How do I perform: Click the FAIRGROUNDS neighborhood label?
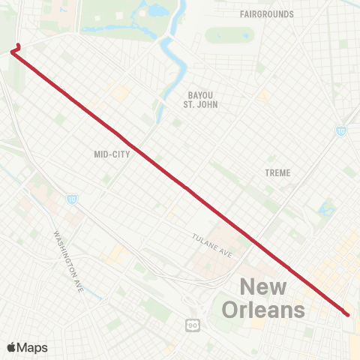[266, 14]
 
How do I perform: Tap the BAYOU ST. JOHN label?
[200, 100]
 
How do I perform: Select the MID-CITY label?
[112, 154]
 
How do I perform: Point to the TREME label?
[277, 172]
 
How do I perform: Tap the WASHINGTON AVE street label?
[67, 260]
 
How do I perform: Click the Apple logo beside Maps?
[11, 347]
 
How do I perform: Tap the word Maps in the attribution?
[33, 347]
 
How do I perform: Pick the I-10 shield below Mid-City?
[71, 199]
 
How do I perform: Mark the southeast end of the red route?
[346, 313]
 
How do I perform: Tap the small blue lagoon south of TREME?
[325, 208]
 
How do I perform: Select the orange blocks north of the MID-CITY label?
[120, 92]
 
